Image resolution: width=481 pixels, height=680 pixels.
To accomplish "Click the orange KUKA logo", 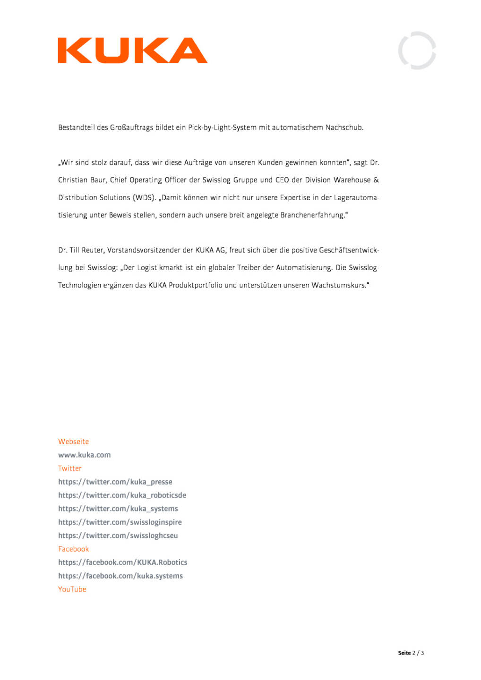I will coord(132,51).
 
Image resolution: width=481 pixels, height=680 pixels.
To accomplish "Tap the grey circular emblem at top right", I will coord(417,51).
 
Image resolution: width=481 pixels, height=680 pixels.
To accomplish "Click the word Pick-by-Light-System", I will coord(222,127).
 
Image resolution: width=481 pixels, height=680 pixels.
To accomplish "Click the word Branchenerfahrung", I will coord(312,215).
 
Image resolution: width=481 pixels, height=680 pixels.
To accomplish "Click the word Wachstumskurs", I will coord(338,285).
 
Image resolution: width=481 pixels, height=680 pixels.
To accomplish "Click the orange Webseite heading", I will coord(73,442).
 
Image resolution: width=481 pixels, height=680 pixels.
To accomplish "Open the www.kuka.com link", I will coord(84,455).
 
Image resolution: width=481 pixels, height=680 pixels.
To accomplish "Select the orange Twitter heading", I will coord(69,468).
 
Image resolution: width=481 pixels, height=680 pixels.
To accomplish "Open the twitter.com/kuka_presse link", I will coord(115,482).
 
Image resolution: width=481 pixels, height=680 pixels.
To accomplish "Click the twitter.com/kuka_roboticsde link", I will coord(122,495).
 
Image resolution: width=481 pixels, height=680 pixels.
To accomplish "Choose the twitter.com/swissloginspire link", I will coord(120,522).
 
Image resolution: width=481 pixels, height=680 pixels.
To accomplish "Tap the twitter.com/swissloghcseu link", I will coord(118,535).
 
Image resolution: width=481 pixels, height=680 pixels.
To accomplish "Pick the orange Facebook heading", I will coord(73,549).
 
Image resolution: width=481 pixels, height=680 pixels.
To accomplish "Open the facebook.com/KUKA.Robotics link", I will coord(122,562).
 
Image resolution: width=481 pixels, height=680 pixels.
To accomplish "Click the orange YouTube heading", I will coord(72,589).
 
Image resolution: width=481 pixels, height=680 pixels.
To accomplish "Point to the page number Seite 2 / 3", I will coord(411,653).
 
